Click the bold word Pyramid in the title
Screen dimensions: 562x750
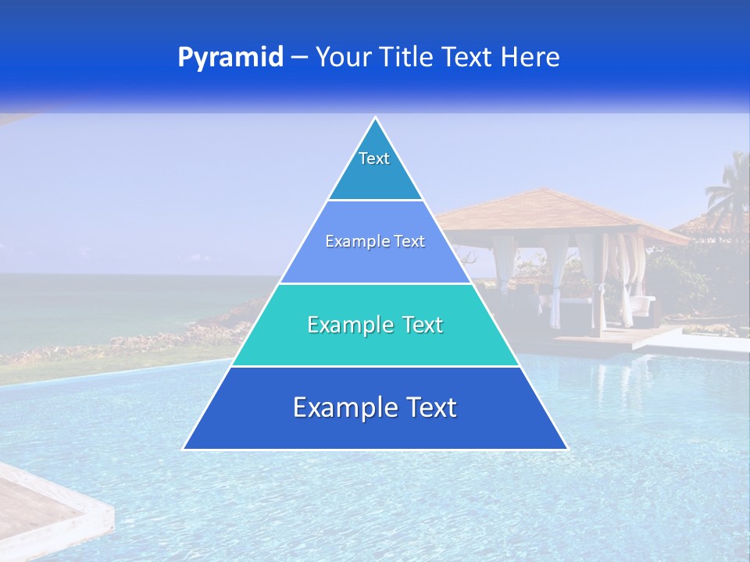pyautogui.click(x=230, y=58)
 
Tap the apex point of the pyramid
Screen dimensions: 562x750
pyautogui.click(x=376, y=119)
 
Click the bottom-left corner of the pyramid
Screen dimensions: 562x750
pyautogui.click(x=184, y=449)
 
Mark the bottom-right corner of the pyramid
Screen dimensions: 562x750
pyautogui.click(x=566, y=449)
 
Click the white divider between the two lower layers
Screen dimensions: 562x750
pyautogui.click(x=375, y=366)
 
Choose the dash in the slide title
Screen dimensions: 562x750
pyautogui.click(x=298, y=58)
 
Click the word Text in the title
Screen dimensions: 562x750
pyautogui.click(x=468, y=57)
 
